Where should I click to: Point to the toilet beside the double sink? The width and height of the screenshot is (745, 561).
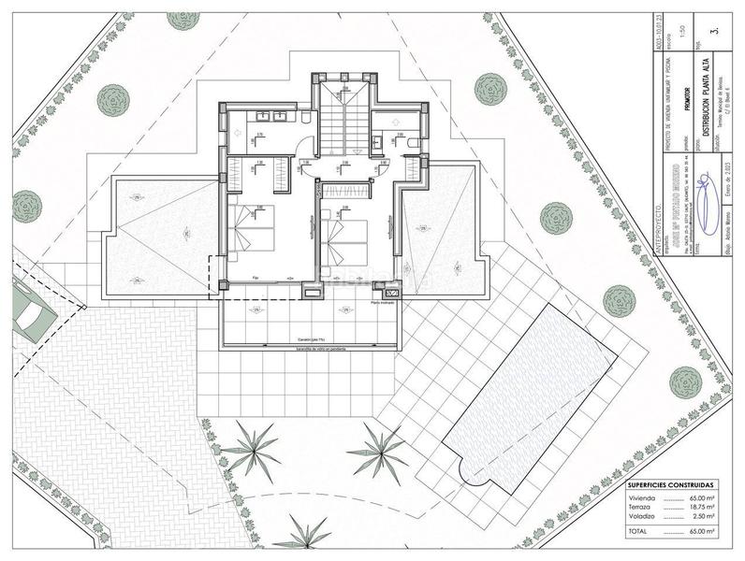(305, 118)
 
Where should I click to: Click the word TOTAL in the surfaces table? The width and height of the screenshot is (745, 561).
(638, 531)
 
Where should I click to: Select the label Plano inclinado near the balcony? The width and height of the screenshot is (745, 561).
(382, 303)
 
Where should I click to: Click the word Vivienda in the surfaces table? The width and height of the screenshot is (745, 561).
(642, 500)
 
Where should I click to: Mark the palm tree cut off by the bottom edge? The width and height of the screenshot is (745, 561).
(301, 538)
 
